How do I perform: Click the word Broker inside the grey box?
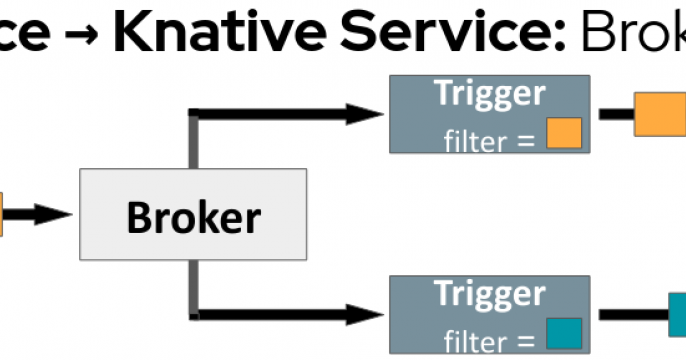click(193, 216)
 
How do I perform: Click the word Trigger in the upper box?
click(489, 93)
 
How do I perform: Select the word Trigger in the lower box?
click(489, 294)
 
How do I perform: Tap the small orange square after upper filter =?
click(563, 134)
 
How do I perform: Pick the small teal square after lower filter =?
click(563, 333)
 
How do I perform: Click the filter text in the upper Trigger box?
click(475, 141)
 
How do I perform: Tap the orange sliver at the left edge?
click(2, 214)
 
